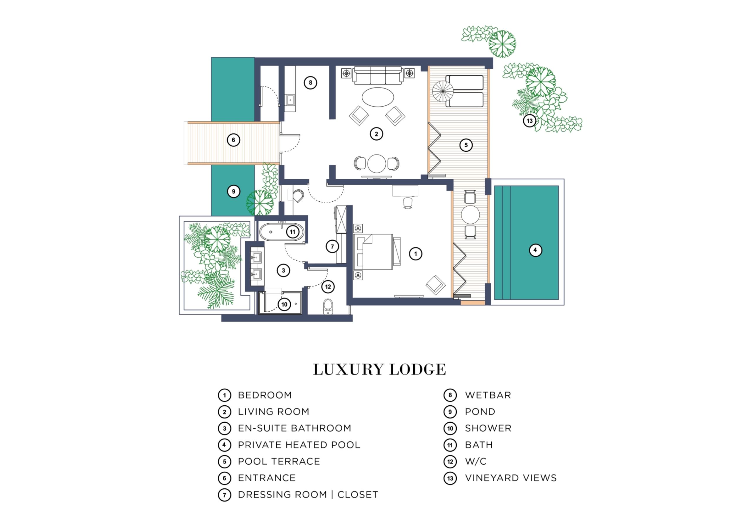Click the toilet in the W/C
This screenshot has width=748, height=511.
(328, 306)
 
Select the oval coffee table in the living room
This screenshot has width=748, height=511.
(378, 97)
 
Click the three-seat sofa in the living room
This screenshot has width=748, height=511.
(378, 75)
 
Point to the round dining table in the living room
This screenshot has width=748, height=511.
(377, 163)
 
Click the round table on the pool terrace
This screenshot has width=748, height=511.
(470, 215)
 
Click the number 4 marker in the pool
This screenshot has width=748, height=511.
(535, 250)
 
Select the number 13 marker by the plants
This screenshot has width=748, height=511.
(529, 121)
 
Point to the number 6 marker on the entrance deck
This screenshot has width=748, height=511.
(233, 140)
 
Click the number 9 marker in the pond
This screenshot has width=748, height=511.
(233, 192)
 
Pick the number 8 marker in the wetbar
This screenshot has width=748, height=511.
(310, 83)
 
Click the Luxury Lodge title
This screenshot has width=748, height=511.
(380, 370)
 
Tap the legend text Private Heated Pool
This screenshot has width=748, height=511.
(299, 445)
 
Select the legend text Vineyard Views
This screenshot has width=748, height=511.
(511, 478)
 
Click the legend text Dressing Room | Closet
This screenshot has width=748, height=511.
(308, 495)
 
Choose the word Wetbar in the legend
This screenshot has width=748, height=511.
(488, 395)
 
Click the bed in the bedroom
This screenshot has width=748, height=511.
(377, 252)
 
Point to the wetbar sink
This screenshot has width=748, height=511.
(290, 100)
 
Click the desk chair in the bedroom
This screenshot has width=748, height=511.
(407, 203)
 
